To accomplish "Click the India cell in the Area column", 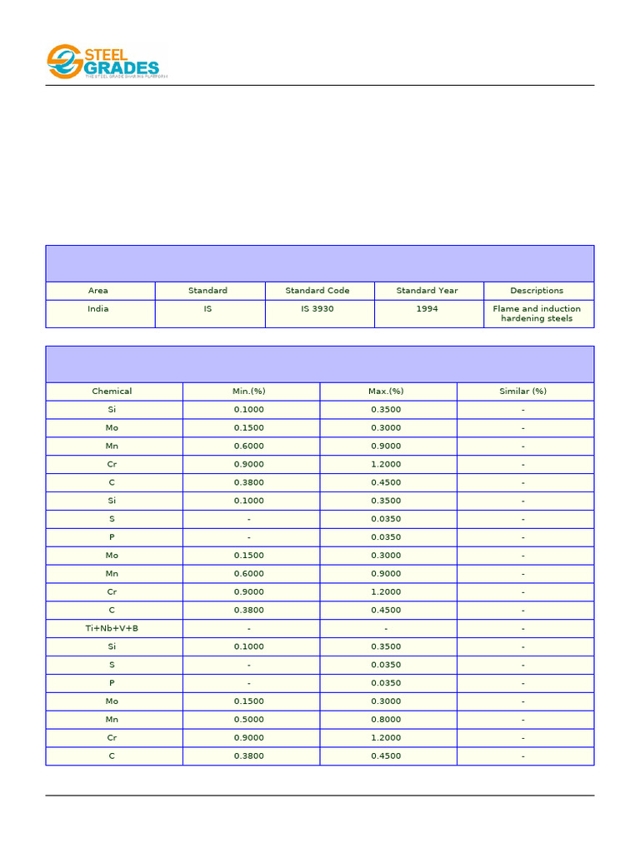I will click(98, 309).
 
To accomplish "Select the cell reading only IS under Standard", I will click(207, 309).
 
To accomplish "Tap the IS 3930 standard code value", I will click(317, 309).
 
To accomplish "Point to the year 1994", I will click(427, 309).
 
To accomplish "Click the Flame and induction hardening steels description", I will click(537, 314).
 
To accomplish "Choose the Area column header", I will click(98, 291).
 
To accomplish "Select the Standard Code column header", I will click(317, 291).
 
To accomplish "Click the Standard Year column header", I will click(427, 291).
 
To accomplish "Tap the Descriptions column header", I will click(537, 291).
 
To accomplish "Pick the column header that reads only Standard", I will click(207, 291).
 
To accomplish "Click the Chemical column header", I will click(112, 392).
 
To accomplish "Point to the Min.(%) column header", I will click(249, 392).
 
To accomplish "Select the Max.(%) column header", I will click(387, 392).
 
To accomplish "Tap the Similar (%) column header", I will click(522, 392).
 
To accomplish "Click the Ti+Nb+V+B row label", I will click(112, 628).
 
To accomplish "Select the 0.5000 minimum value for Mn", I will click(249, 720).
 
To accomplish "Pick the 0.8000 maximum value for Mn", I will click(387, 720).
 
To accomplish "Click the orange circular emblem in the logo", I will click(63, 62).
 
